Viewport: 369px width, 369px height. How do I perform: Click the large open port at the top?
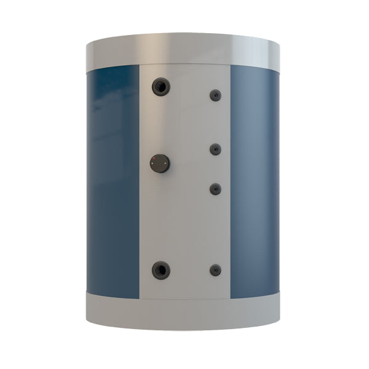[161, 86]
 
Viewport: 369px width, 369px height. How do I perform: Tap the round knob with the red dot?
[161, 164]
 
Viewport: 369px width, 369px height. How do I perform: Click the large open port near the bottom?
[161, 269]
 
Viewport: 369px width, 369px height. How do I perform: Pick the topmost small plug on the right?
[215, 95]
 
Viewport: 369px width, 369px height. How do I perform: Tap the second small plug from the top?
[215, 149]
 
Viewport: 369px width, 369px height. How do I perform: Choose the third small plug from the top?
[215, 189]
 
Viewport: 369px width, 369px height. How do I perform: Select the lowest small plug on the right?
[215, 269]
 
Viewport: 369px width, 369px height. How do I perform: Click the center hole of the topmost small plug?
[216, 95]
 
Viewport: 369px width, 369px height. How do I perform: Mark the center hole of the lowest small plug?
[216, 269]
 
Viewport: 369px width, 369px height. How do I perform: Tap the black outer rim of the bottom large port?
[154, 269]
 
